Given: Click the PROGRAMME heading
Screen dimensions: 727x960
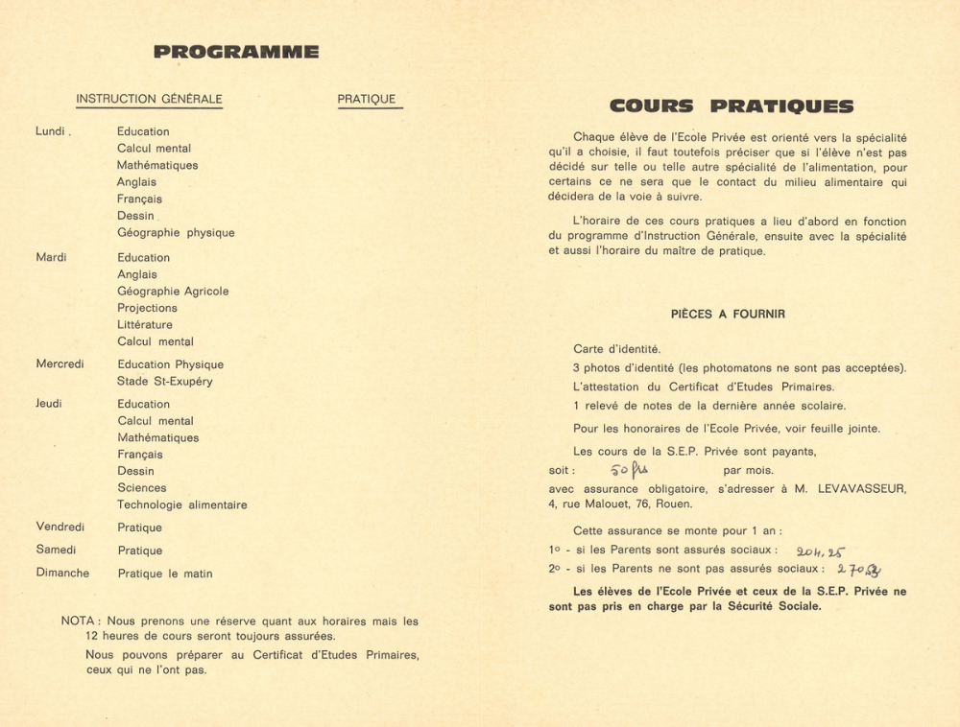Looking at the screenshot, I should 236,52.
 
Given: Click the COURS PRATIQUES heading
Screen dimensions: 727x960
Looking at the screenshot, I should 731,106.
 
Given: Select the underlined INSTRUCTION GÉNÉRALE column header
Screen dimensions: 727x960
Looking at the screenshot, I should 149,99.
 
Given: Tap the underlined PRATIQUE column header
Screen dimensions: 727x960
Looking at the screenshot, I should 367,99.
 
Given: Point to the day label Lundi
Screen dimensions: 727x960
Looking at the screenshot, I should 52,131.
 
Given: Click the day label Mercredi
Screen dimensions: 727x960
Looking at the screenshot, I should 60,364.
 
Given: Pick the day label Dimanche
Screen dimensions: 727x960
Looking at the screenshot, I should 62,574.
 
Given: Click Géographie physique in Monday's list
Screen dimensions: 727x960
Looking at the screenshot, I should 176,233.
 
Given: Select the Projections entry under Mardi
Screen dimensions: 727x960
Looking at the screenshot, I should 147,308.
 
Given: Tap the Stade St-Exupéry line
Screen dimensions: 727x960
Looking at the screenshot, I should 165,382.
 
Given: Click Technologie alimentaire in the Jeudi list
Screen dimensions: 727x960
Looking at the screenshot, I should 182,505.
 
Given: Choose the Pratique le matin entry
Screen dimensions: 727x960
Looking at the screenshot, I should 165,574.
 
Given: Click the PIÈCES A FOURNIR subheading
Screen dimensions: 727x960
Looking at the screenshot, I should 728,314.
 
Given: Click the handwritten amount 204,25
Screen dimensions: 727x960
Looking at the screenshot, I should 820,551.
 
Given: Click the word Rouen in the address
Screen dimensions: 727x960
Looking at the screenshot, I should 675,504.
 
